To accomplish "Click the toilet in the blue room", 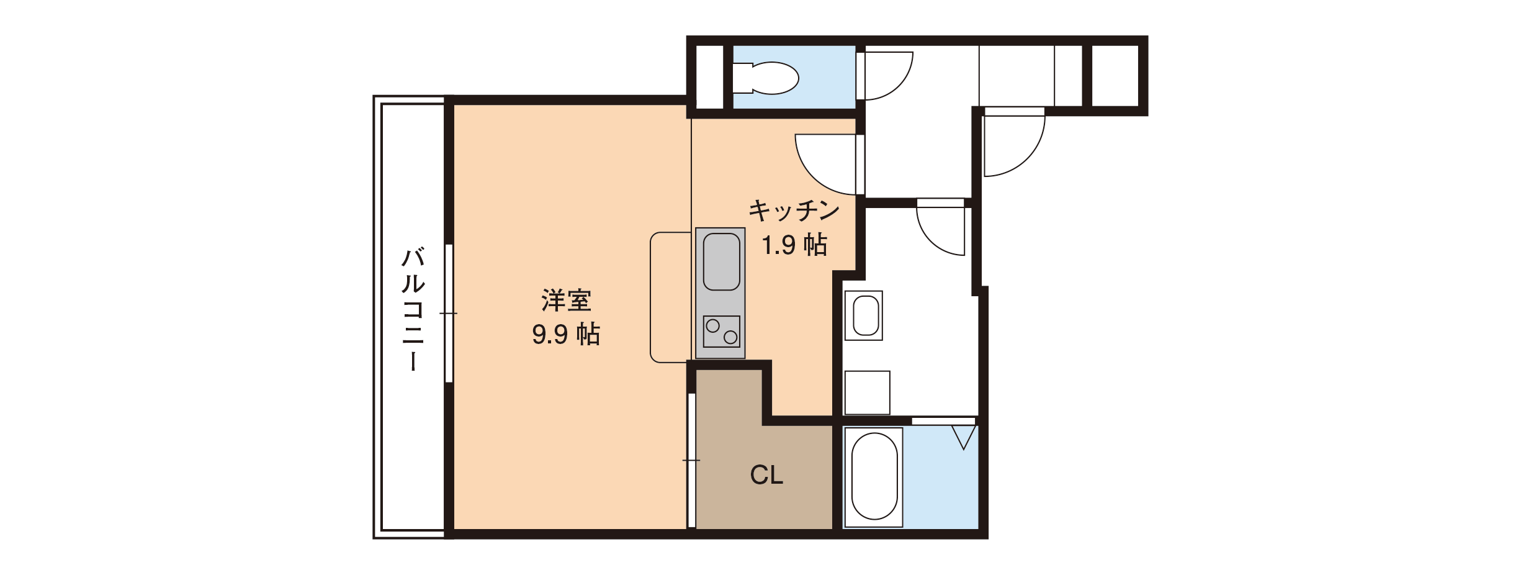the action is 765,78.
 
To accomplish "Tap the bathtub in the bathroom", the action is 874,476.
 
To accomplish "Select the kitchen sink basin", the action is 721,261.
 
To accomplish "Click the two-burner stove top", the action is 721,331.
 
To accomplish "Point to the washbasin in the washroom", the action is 864,315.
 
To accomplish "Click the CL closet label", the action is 766,475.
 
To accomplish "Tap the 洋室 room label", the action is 566,301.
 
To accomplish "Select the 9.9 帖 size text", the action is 566,334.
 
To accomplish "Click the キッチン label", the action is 794,211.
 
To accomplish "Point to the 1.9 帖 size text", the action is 794,245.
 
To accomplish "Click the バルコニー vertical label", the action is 413,309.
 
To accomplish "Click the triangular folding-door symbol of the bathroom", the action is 964,437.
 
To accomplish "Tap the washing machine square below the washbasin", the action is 868,393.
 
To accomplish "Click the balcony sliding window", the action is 449,313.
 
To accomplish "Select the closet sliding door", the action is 691,460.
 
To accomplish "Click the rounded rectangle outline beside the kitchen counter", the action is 650,297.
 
